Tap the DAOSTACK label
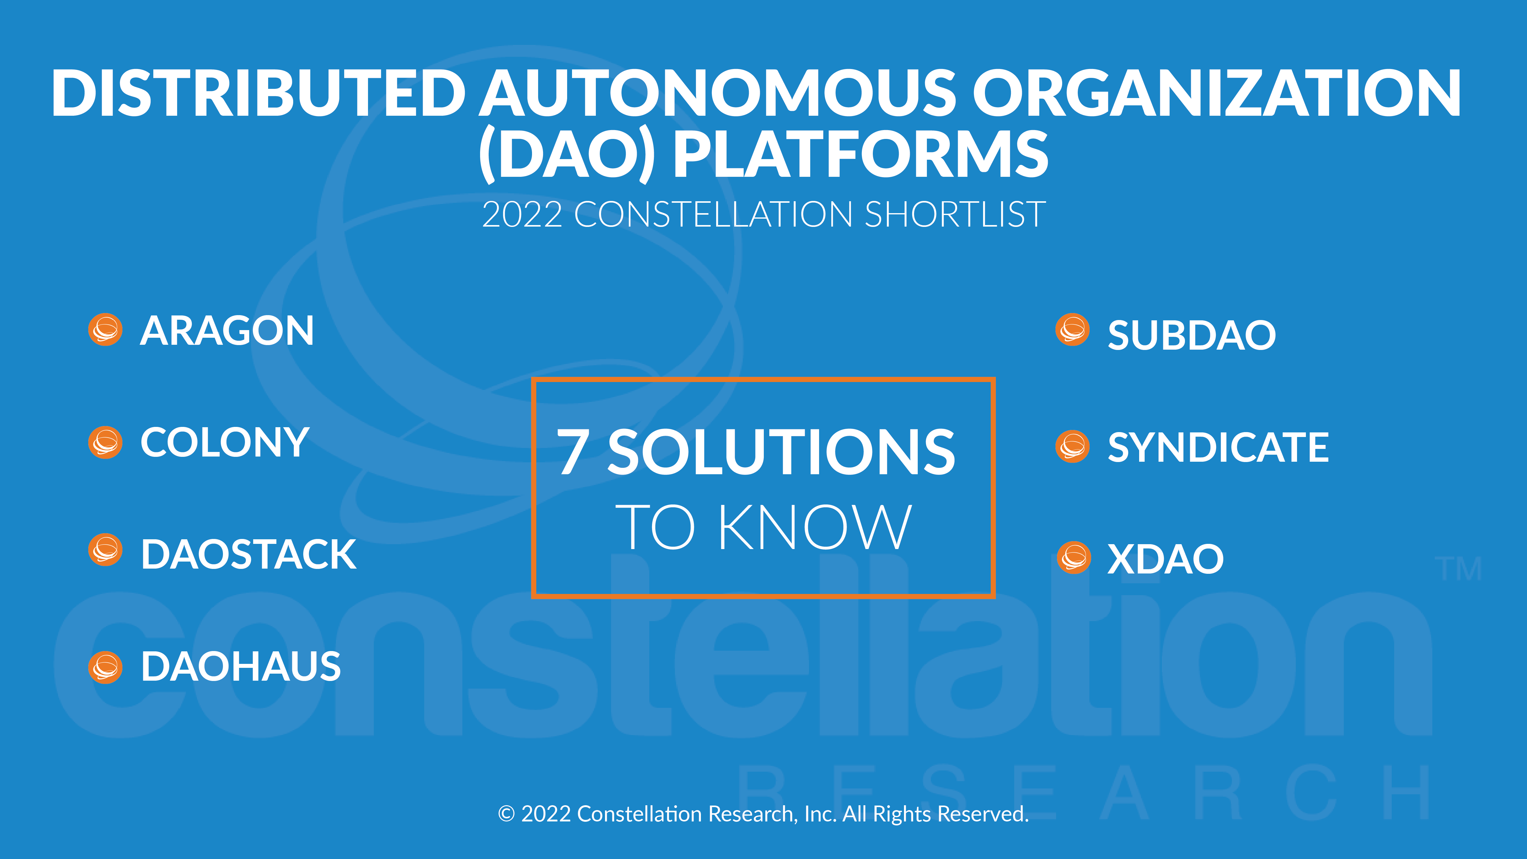[248, 555]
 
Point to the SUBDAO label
[1191, 336]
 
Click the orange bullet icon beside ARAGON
[105, 329]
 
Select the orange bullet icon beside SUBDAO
[1072, 329]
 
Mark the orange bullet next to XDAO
[1073, 558]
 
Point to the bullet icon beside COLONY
[105, 442]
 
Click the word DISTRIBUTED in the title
[258, 93]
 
